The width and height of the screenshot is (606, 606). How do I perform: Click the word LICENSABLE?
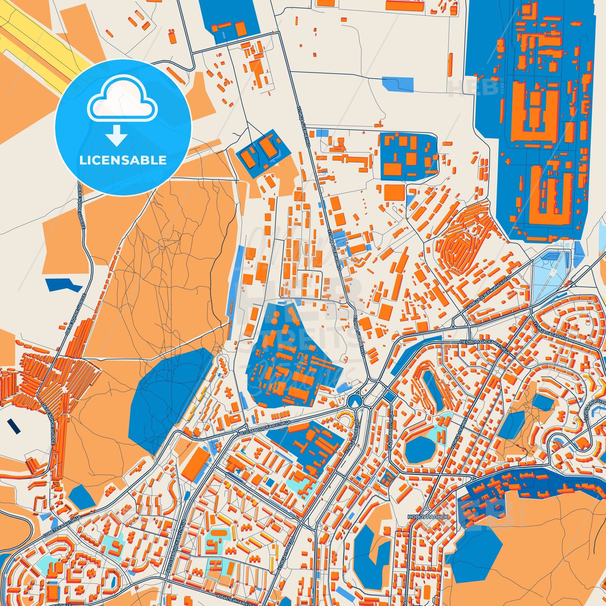(123, 160)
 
